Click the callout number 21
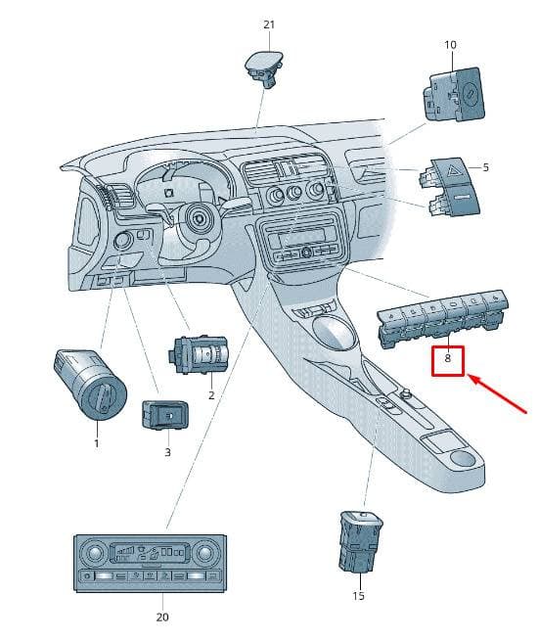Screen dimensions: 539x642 tap(269, 24)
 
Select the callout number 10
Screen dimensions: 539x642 tap(450, 45)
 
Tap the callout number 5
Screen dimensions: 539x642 tap(485, 167)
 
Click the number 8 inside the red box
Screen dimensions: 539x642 tap(447, 358)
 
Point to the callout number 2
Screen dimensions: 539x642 tap(211, 395)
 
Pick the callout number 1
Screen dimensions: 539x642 tap(97, 443)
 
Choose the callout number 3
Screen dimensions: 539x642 tap(167, 452)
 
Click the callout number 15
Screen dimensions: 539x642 tap(358, 596)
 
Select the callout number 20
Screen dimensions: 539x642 tap(162, 617)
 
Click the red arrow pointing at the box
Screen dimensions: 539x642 tap(497, 393)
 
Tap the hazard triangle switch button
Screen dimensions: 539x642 tap(451, 170)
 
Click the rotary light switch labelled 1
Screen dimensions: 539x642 tap(91, 384)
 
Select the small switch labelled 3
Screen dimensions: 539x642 tap(165, 415)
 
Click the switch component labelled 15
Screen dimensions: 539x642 tap(361, 541)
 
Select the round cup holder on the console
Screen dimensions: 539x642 tap(463, 458)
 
